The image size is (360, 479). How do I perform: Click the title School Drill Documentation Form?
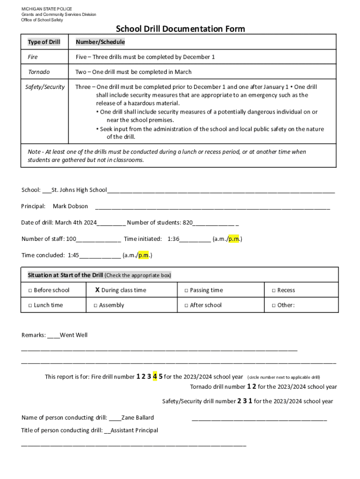(x=180, y=29)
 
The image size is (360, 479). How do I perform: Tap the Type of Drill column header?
(x=44, y=42)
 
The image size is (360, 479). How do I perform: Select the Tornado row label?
(x=39, y=72)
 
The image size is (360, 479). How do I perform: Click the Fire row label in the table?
(x=33, y=57)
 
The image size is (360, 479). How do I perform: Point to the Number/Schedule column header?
(x=100, y=42)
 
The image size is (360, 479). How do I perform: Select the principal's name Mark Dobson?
(x=70, y=206)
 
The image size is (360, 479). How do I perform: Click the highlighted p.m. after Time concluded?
(x=144, y=255)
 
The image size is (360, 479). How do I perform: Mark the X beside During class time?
(x=97, y=290)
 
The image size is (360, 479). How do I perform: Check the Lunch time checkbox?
(x=30, y=305)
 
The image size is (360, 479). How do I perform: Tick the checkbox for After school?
(x=186, y=305)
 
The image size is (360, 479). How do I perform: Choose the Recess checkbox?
(x=274, y=290)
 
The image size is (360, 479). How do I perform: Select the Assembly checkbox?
(x=95, y=305)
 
